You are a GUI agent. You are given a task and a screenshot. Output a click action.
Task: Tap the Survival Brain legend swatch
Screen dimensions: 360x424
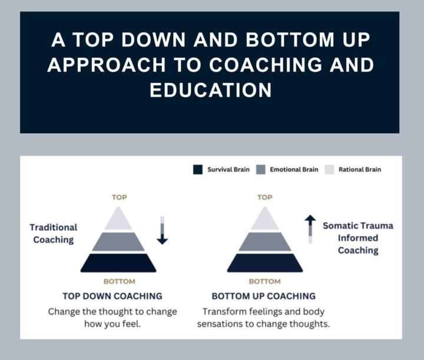[198, 170]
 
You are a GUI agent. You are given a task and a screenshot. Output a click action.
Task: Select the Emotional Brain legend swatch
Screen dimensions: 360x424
[260, 170]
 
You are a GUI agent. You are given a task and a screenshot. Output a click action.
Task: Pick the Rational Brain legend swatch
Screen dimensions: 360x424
[329, 170]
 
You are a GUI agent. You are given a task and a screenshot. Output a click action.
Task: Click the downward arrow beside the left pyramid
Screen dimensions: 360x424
[162, 230]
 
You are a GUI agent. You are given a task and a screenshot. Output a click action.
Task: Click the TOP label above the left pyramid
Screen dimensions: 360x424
[120, 197]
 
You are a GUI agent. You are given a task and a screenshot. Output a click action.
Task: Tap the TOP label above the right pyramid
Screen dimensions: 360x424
[265, 197]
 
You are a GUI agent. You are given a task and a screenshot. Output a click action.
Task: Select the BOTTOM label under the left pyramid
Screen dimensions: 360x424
[119, 282]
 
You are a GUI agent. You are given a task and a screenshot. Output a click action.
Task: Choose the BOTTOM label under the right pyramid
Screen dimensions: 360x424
[265, 282]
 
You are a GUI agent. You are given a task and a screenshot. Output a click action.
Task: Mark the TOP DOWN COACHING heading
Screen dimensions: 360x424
[112, 296]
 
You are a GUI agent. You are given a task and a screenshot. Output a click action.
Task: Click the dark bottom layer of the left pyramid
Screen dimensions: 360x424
[118, 263]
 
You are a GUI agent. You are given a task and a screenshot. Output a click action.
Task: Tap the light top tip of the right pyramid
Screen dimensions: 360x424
[265, 220]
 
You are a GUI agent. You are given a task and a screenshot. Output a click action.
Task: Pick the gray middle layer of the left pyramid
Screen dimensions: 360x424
[118, 242]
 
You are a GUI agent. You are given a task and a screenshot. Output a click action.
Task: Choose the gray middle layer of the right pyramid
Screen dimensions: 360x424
[265, 242]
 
